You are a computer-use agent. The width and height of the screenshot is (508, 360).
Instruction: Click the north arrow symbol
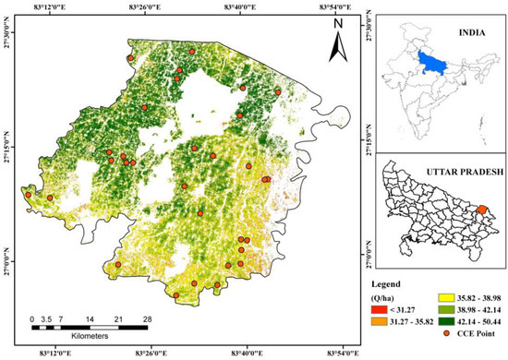point(339,35)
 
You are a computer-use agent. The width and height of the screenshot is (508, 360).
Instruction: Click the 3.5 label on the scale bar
point(48,318)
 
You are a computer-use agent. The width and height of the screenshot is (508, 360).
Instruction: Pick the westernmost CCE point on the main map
point(29,195)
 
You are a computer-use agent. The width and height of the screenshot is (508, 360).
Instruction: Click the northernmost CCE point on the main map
point(192,51)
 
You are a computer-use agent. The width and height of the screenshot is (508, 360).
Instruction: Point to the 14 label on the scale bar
point(91,318)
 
